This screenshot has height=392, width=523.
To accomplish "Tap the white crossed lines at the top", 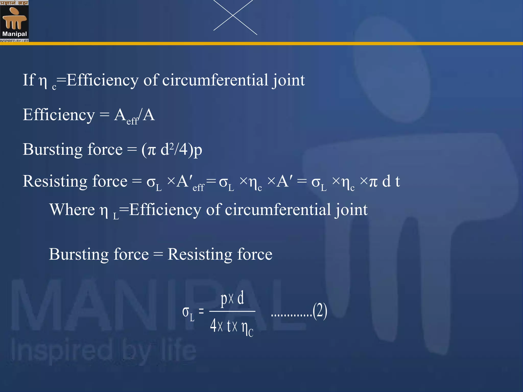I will coord(233,16).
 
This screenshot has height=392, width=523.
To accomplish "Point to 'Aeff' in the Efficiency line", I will coord(126,116).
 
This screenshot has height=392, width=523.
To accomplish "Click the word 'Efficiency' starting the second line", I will coord(59,115).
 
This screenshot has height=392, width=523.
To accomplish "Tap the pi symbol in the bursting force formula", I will coord(151,150).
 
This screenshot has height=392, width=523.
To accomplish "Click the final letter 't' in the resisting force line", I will coord(397,181).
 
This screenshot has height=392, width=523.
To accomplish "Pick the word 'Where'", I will coord(72,210).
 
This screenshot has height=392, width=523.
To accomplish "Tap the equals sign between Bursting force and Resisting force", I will coord(158,254).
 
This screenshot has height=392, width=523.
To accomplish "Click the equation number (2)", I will coord(320,311).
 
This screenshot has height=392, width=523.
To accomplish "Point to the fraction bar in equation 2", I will coord(232,311).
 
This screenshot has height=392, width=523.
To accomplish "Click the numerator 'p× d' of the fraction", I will coord(232,299).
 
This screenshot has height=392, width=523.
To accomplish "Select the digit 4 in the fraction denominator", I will coord(213,326).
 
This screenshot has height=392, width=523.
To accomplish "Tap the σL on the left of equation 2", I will coord(188,313).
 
